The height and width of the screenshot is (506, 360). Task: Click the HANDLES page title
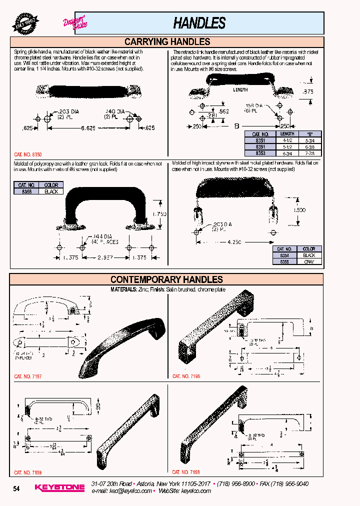199,23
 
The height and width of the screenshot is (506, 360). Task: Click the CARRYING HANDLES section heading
166,42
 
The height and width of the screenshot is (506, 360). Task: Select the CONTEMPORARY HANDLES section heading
166,279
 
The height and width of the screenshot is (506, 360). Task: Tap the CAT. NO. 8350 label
28,155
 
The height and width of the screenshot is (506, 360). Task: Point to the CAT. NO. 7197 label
28,376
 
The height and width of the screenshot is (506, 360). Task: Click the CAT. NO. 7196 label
186,376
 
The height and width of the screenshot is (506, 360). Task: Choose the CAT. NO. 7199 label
28,472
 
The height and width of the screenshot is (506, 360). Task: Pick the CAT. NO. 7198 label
186,472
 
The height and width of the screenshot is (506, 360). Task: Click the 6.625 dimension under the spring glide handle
88,128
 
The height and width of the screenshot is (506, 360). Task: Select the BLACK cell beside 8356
51,191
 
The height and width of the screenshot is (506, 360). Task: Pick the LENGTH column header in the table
287,134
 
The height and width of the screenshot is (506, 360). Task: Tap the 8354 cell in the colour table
284,255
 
